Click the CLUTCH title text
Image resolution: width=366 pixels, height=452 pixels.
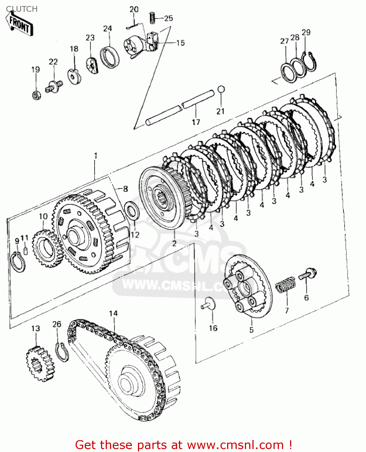point(22,9)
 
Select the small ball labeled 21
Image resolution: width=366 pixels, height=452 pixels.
point(221,89)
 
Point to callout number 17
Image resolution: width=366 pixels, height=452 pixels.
point(196,122)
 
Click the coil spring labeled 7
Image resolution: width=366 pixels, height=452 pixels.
point(285,284)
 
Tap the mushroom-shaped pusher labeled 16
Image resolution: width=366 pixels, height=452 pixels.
point(209,303)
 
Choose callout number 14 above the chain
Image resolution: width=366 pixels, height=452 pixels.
point(113,313)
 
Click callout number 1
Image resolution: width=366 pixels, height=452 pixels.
point(95,156)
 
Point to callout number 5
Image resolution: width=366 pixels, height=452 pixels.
point(251,330)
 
